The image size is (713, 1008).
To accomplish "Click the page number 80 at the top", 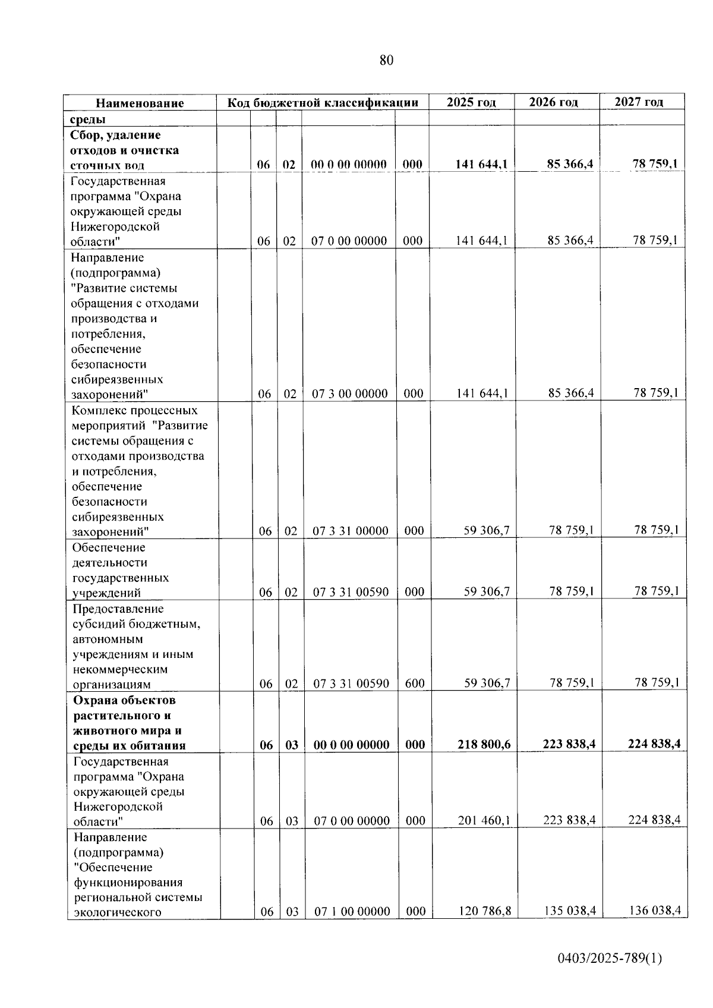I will tap(386, 61).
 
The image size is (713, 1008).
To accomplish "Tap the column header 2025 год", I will tap(471, 102).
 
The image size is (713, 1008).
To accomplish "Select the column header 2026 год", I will tap(553, 102).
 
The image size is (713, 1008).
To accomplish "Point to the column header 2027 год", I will tap(639, 102).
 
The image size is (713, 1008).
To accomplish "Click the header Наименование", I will tap(140, 103).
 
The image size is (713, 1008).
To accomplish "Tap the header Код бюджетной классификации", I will tap(323, 103).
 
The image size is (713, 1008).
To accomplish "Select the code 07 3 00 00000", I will tap(350, 393).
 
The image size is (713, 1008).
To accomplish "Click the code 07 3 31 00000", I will tap(351, 531).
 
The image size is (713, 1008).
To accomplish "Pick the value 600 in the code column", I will tap(415, 683).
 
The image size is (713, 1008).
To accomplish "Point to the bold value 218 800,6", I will tap(484, 745).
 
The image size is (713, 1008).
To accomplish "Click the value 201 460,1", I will tap(484, 821).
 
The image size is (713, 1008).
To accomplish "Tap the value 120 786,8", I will tap(485, 911).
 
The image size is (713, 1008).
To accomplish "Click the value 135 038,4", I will tap(570, 911).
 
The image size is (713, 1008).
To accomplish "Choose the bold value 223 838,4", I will tap(569, 744).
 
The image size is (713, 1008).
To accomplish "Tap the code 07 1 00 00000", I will tap(352, 912).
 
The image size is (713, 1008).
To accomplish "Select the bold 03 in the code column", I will tap(292, 745).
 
